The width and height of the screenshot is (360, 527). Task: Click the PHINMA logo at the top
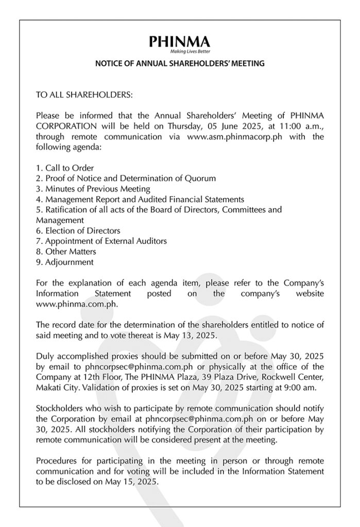click(179, 41)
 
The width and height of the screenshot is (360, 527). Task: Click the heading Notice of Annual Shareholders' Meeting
click(180, 64)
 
